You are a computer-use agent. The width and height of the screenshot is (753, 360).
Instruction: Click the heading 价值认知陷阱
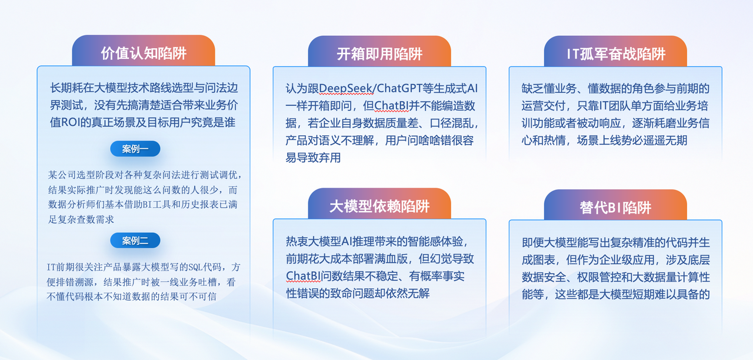(144, 53)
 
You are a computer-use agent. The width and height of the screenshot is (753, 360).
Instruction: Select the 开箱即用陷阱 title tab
(379, 54)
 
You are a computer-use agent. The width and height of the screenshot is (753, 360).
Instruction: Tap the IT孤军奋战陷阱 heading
(616, 54)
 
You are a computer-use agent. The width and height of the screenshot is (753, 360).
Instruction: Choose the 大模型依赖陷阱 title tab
(379, 206)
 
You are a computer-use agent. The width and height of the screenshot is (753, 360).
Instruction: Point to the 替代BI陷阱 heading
(615, 208)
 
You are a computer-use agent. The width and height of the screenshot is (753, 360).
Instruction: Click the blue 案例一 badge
(135, 149)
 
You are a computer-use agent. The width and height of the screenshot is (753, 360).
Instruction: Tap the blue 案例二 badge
(135, 241)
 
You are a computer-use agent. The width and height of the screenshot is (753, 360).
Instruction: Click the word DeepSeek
(345, 88)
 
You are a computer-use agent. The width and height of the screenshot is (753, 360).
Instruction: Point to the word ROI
(70, 122)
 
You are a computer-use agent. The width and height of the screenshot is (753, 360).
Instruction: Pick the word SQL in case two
(195, 267)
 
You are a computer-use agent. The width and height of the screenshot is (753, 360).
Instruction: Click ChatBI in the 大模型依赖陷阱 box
(303, 276)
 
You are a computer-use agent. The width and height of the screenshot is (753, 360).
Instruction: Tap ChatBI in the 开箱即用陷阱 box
(391, 106)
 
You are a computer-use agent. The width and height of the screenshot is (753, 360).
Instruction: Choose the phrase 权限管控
(599, 277)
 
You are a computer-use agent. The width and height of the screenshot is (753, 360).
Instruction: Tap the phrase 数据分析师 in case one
(72, 204)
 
